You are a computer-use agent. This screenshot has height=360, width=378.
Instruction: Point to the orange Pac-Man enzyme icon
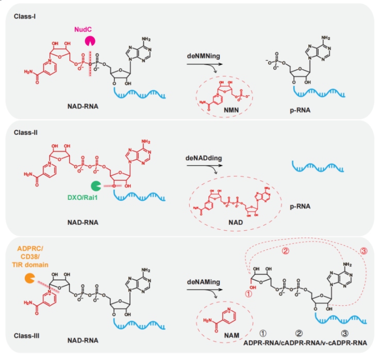[x=31, y=279]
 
